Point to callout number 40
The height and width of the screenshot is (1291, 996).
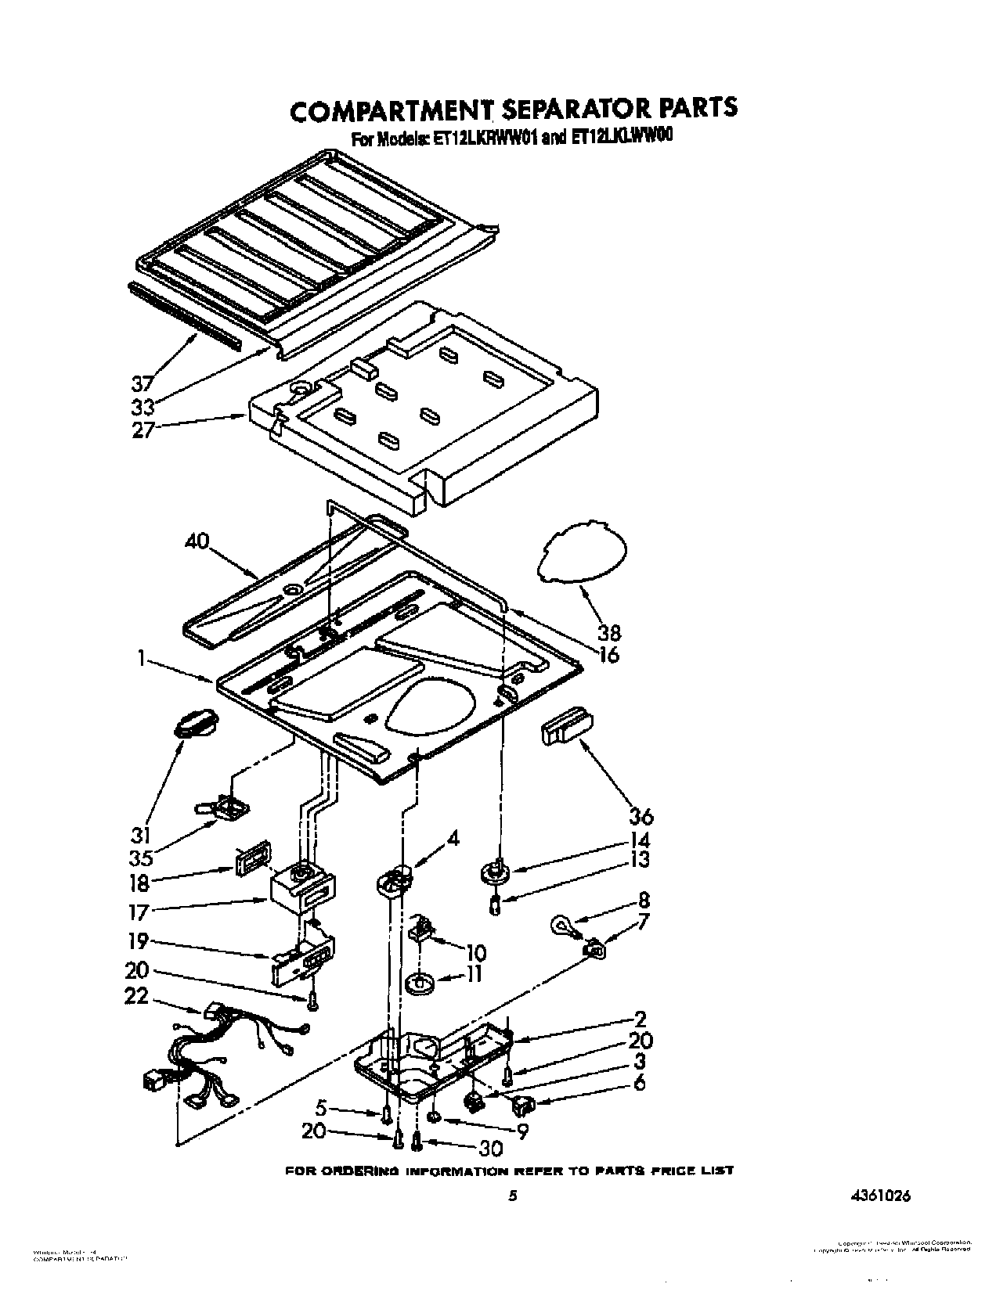198,541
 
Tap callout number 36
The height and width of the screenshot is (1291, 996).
641,816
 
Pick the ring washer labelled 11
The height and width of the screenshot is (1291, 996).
421,982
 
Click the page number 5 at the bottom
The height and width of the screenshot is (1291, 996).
513,1196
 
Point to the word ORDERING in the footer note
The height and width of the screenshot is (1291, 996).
366,1171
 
